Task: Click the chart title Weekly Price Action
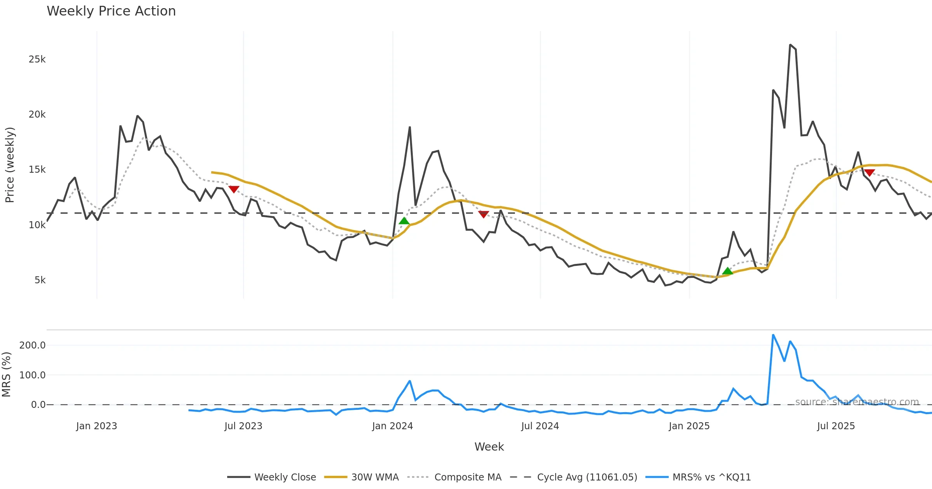click(x=111, y=11)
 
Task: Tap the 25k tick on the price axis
click(x=37, y=59)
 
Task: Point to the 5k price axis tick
click(x=40, y=280)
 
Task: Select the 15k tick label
click(x=37, y=170)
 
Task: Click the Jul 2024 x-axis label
click(x=540, y=426)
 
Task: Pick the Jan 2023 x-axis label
click(x=96, y=426)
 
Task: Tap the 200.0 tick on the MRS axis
click(x=32, y=345)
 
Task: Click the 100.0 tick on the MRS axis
click(x=32, y=375)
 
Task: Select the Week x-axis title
click(x=489, y=447)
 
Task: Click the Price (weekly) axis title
click(x=10, y=165)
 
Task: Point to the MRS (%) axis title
click(x=7, y=375)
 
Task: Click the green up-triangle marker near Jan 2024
click(x=404, y=221)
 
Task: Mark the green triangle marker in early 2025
click(x=727, y=271)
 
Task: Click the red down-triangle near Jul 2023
click(x=234, y=189)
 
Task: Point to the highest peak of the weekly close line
click(x=790, y=45)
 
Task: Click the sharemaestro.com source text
click(x=857, y=402)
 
